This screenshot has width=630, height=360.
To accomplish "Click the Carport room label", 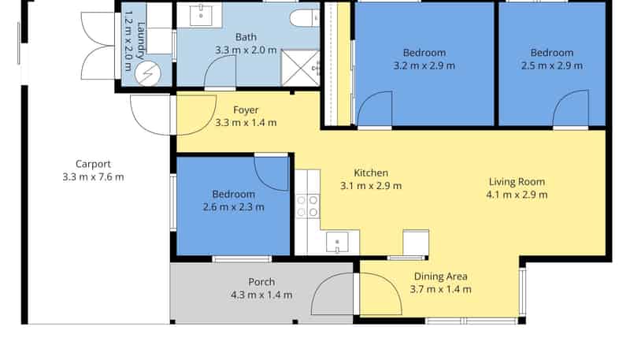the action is (93, 165).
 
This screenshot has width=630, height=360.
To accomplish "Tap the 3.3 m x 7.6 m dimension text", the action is (93, 177).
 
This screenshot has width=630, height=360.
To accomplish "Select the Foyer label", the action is (246, 110).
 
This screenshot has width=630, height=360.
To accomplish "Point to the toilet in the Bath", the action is (304, 18).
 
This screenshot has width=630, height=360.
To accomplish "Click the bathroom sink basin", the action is (201, 16).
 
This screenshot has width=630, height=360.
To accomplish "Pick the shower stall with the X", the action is (300, 68).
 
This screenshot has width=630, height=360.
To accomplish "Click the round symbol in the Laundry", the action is (148, 74).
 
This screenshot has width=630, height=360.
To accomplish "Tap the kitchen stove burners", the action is (307, 206).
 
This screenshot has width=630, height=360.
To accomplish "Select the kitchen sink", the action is (337, 243).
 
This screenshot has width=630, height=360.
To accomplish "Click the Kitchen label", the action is (371, 173).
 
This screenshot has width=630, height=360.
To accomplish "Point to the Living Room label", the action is (517, 182).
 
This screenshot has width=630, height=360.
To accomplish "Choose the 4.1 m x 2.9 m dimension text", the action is (517, 195).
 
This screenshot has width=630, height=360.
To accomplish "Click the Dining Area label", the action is (440, 276).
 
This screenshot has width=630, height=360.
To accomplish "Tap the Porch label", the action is (261, 282).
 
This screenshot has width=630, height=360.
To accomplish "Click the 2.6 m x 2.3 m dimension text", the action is (233, 207).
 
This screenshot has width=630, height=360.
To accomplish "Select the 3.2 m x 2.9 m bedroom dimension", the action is (424, 66).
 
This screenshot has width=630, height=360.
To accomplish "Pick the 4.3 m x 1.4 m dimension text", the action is (261, 295).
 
